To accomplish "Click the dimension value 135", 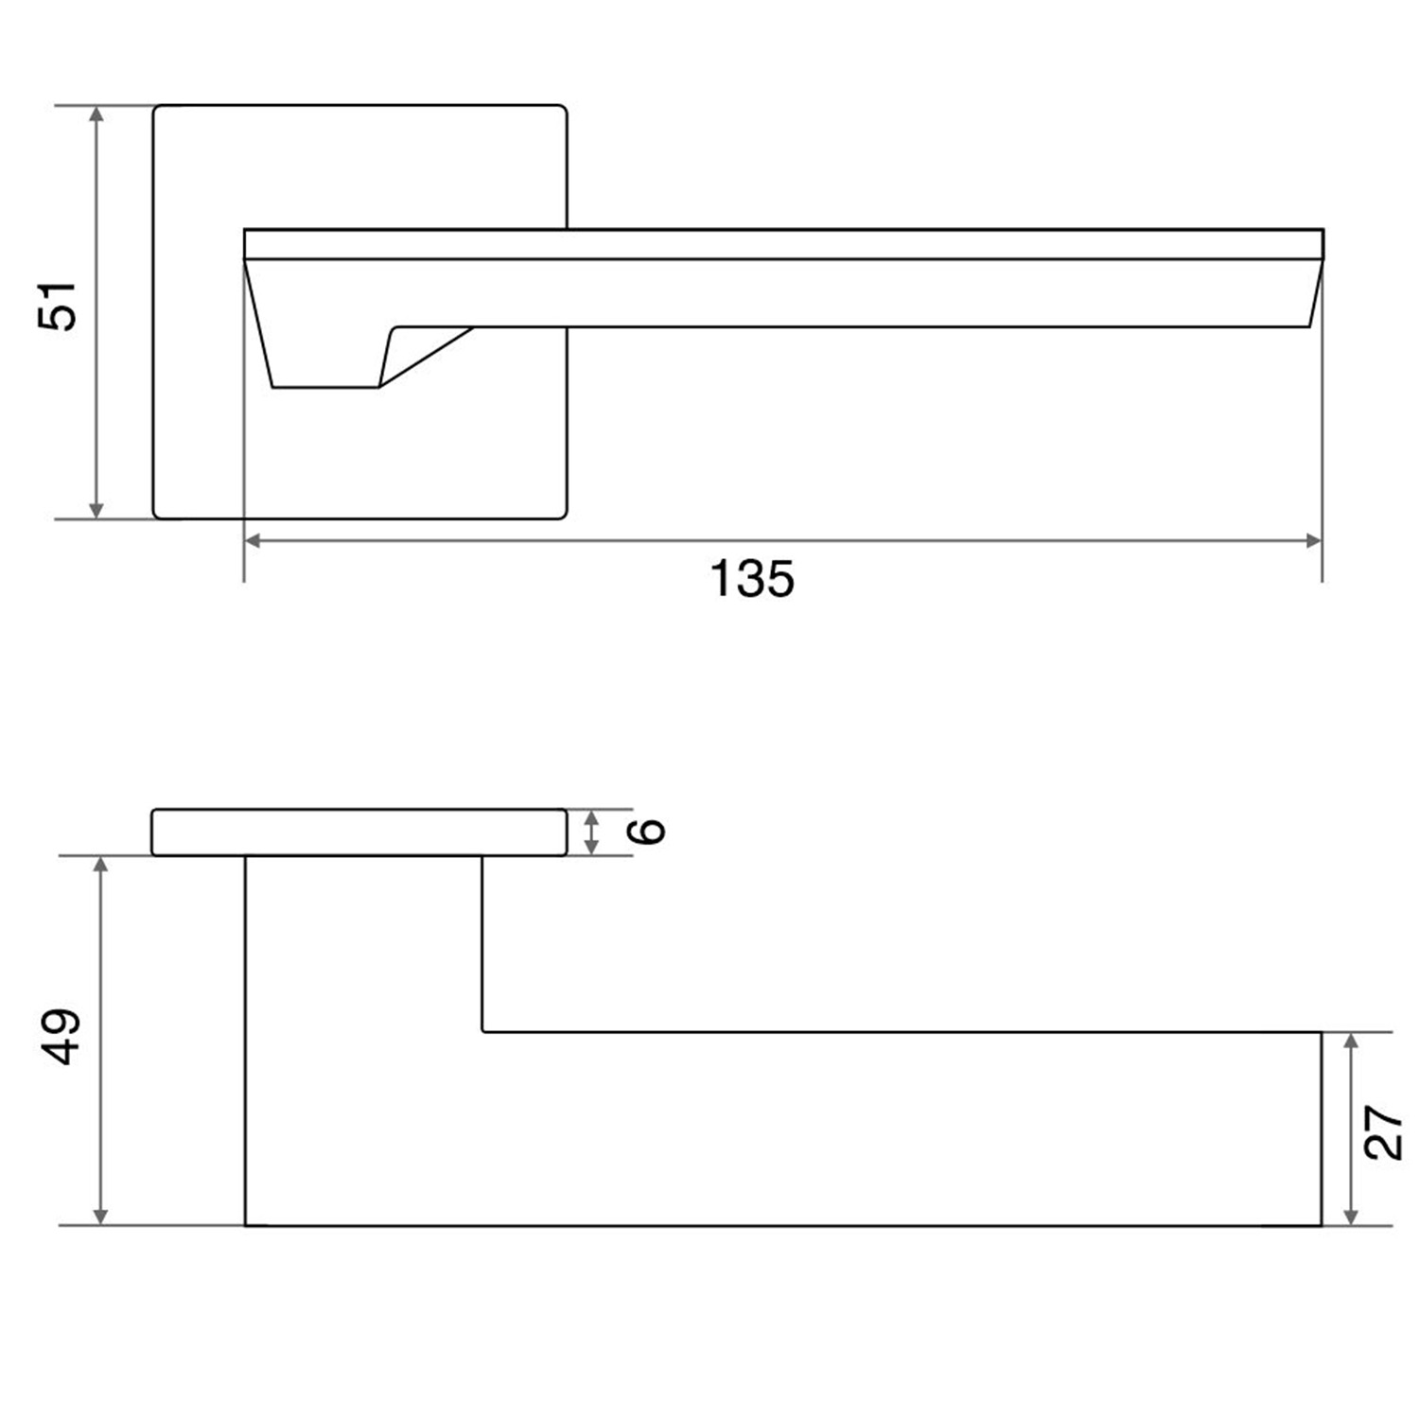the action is (752, 579).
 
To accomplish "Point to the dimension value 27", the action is (1383, 1131).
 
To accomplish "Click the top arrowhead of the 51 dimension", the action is (96, 115).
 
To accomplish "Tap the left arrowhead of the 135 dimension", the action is (254, 541).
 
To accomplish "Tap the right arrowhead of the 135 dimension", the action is (1311, 541).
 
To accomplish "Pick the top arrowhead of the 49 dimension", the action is (102, 867).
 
